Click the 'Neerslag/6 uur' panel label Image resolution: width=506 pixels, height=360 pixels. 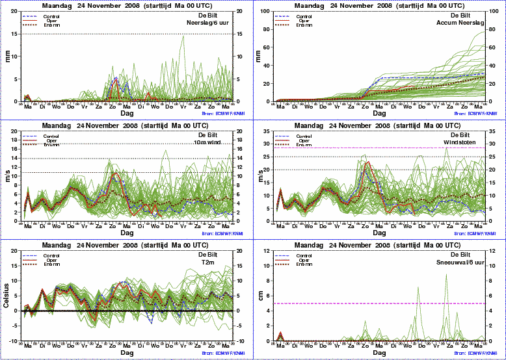[206, 23]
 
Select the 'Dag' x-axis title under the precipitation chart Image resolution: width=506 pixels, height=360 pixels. [127, 112]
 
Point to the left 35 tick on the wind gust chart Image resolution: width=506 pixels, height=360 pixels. [267, 131]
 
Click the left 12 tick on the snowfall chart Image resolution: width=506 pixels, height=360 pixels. [267, 251]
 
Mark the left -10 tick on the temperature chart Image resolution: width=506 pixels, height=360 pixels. [13, 341]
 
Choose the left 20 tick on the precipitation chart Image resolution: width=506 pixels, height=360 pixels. [14, 11]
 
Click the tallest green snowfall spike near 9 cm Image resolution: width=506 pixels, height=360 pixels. [446, 275]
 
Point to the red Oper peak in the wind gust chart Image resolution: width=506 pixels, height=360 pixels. [368, 162]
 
